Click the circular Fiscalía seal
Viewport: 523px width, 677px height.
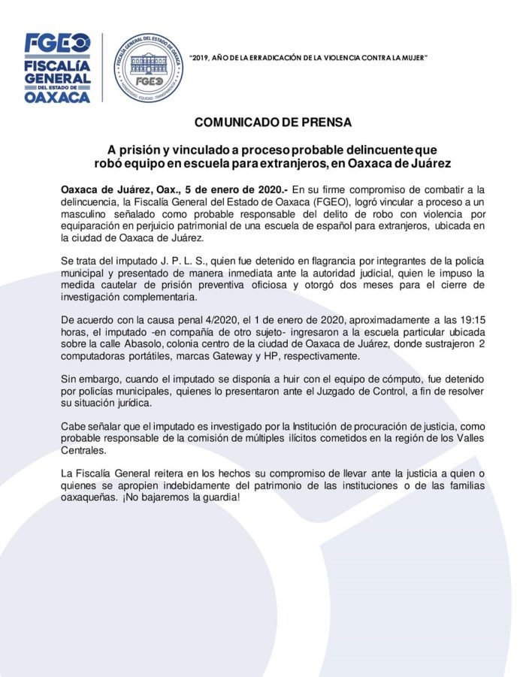coord(148,68)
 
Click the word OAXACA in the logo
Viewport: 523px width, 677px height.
coord(57,96)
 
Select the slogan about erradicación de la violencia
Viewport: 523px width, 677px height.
coord(309,57)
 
